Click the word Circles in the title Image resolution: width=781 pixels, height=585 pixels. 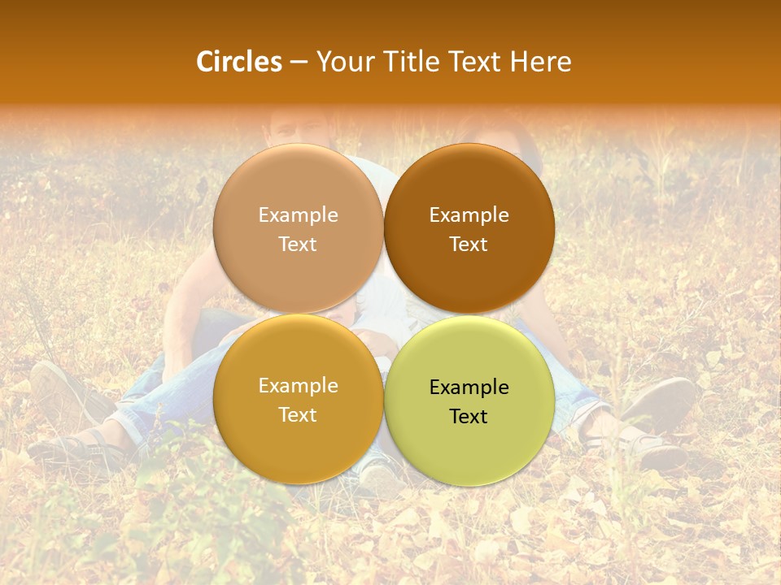(x=239, y=62)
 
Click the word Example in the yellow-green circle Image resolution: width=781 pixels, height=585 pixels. (x=469, y=388)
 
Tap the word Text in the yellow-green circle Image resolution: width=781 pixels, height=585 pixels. (x=469, y=417)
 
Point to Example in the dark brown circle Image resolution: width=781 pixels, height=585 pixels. (x=469, y=215)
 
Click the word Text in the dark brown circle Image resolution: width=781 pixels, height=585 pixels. (x=469, y=245)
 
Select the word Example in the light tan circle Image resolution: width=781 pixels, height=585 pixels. (x=298, y=215)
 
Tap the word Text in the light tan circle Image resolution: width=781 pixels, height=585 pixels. (x=298, y=245)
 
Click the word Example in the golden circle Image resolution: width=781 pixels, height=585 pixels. (x=298, y=386)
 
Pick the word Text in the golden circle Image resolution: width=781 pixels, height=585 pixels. (x=298, y=415)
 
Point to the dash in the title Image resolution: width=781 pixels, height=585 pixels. (x=299, y=63)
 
